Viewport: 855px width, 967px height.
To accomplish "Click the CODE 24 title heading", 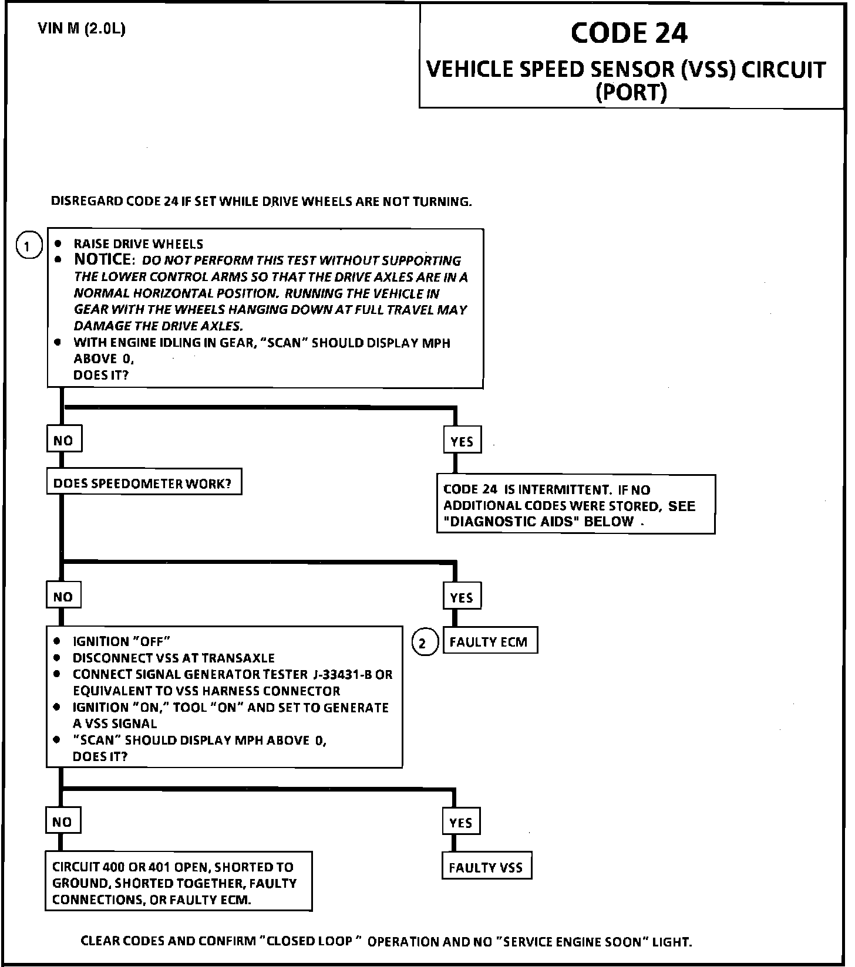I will (628, 33).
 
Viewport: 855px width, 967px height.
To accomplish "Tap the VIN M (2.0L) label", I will (82, 29).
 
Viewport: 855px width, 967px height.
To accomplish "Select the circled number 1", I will (29, 245).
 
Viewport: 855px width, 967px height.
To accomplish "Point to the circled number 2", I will (425, 643).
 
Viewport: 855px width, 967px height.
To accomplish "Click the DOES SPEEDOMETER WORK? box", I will (143, 483).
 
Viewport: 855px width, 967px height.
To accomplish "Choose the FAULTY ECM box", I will (489, 642).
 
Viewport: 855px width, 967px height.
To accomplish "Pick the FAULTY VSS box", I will (486, 867).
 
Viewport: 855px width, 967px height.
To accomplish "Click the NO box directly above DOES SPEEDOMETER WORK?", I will (63, 440).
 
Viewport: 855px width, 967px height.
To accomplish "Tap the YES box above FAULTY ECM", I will (462, 597).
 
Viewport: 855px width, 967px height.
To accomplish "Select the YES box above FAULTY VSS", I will (461, 823).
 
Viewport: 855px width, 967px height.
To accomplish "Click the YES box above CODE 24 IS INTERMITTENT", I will (462, 441).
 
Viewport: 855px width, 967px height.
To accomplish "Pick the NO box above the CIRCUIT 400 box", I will (62, 821).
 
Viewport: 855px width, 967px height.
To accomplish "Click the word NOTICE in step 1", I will (102, 259).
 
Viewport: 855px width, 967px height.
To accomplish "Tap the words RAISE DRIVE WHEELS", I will (139, 244).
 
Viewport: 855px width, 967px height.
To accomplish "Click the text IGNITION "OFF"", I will (121, 641).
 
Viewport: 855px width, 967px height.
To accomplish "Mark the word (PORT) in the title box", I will (631, 92).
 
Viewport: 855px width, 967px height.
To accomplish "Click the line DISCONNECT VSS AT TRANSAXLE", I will (173, 658).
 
